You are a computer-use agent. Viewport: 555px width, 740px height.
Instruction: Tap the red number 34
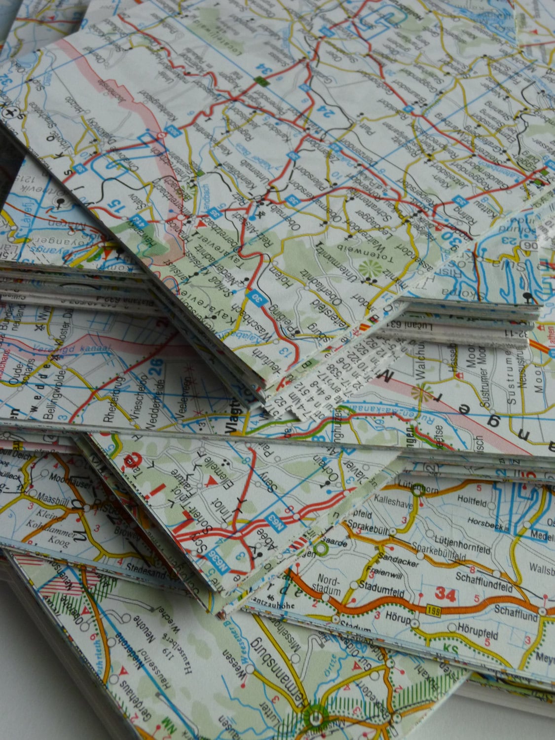point(445,595)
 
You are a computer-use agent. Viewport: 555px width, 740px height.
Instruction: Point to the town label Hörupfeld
point(477,634)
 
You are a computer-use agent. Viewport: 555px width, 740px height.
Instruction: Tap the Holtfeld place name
point(471,503)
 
